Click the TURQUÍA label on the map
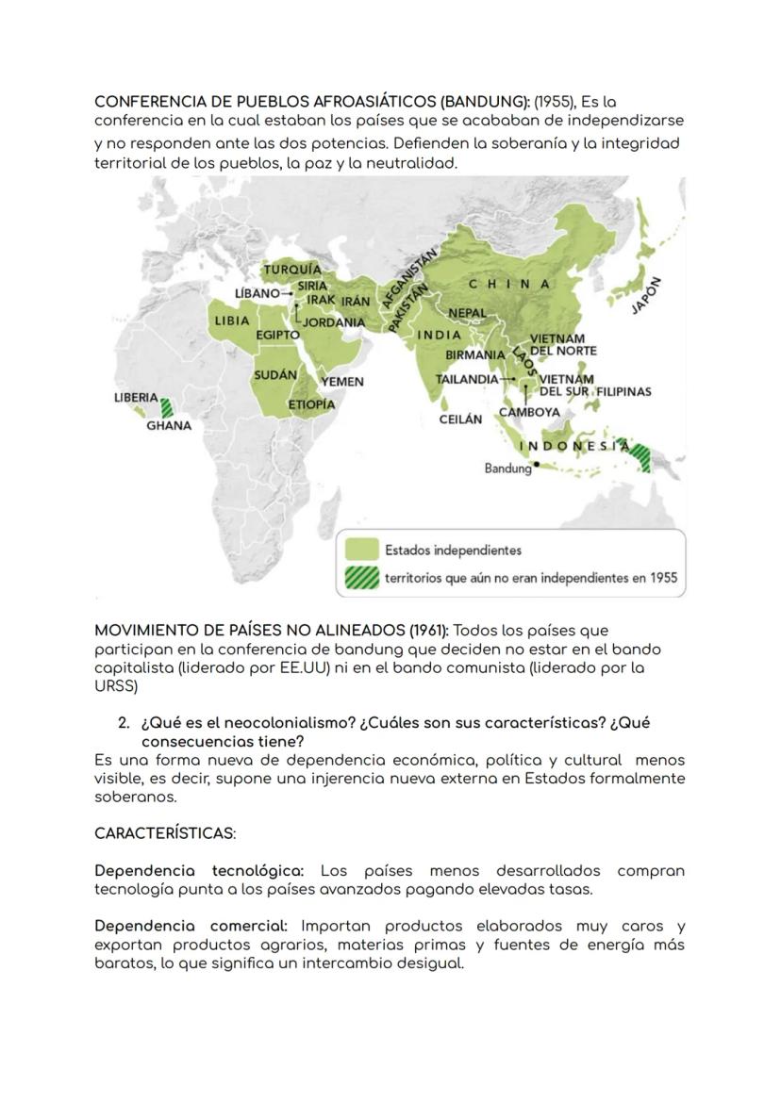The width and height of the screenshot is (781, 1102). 292,270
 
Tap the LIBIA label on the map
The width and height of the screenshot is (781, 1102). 232,321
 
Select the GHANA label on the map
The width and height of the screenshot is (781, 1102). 169,426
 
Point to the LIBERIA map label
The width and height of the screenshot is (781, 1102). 136,398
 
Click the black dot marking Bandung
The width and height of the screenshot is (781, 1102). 537,464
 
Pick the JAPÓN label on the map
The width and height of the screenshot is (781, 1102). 648,297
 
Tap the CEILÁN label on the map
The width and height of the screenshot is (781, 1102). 460,419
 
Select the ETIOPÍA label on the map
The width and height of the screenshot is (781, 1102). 311,404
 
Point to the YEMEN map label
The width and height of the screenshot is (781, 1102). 342,382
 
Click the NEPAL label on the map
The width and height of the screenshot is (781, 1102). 468,313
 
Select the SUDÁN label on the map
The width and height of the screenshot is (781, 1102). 275,375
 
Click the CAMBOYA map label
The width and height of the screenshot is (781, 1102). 529,412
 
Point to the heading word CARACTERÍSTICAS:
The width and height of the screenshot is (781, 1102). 165,834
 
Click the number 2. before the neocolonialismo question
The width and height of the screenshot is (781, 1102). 124,723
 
